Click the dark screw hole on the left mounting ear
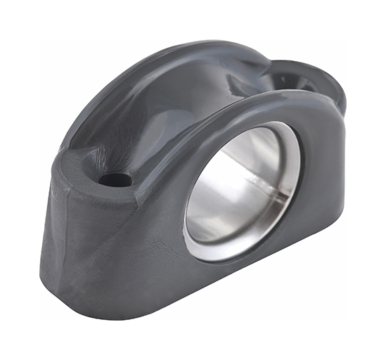115,179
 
